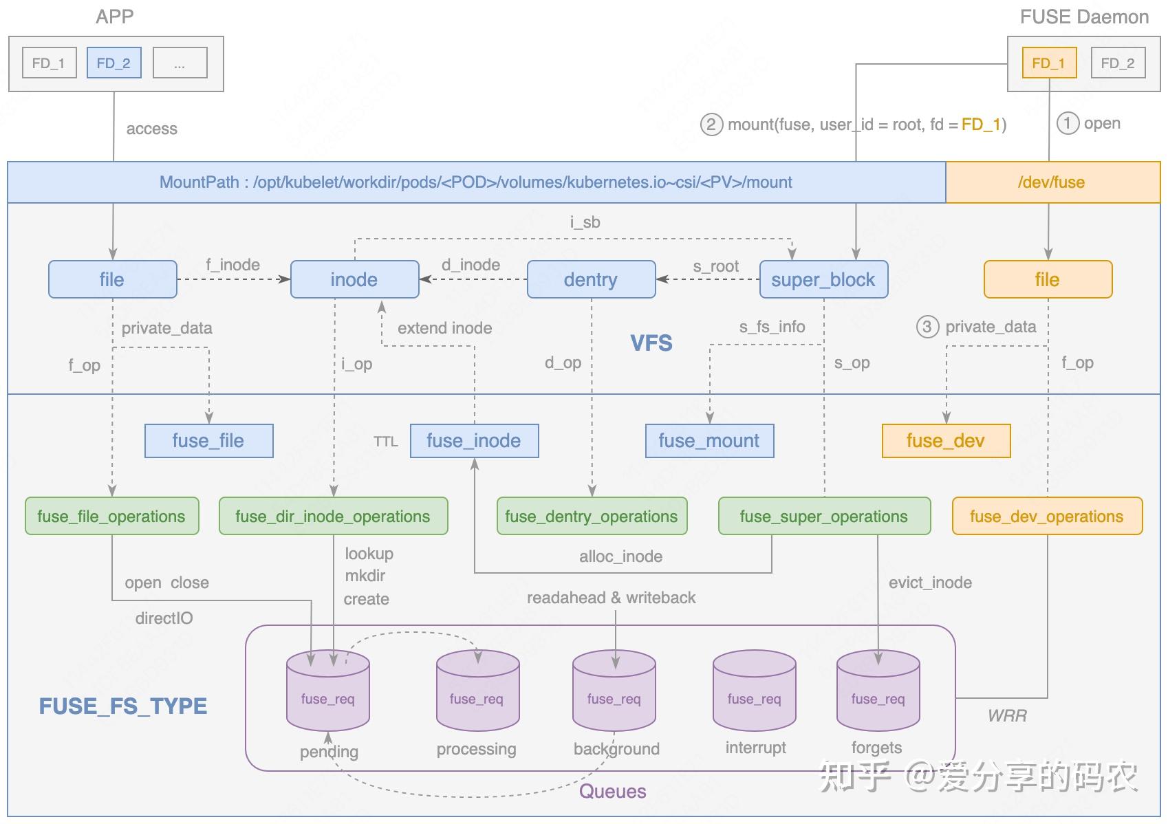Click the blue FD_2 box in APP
113,63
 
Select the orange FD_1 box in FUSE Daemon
1049,63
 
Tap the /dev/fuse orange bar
1052,182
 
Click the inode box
354,279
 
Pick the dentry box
592,279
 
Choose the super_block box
824,279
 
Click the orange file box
1048,279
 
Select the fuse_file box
208,441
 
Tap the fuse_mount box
710,441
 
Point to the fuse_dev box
947,441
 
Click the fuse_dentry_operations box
592,516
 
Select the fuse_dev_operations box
1048,516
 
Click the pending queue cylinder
328,690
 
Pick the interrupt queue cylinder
755,690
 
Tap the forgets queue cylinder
878,690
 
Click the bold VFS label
651,343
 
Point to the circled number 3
927,327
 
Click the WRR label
1008,715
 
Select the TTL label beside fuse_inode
386,442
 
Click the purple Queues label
613,791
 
